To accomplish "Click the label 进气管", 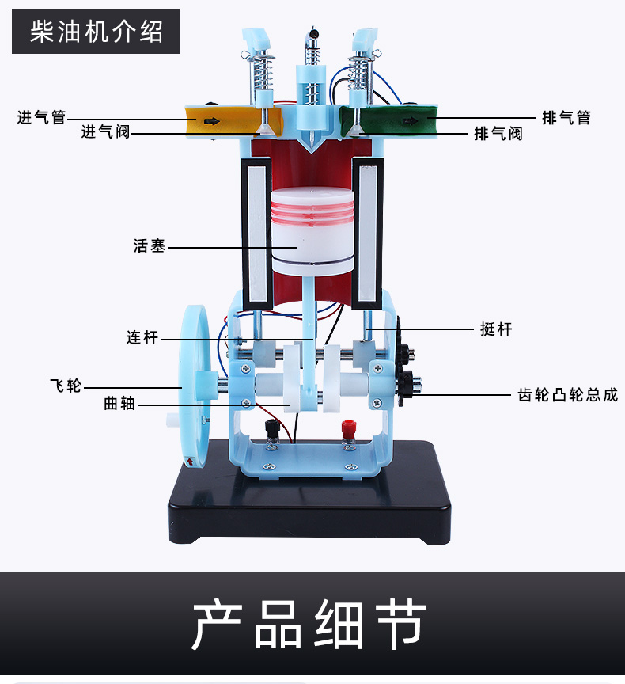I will pyautogui.click(x=42, y=118).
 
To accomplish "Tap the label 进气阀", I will pyautogui.click(x=105, y=132).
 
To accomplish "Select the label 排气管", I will pyautogui.click(x=566, y=118).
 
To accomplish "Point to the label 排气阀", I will pyautogui.click(x=498, y=133).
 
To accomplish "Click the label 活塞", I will pyautogui.click(x=150, y=246).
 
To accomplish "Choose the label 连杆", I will pyautogui.click(x=142, y=338).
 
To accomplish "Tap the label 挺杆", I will pyautogui.click(x=496, y=329).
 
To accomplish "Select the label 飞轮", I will pyautogui.click(x=66, y=386).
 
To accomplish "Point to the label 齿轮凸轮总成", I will pyautogui.click(x=568, y=394).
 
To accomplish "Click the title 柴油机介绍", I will pyautogui.click(x=97, y=32).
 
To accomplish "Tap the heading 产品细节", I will pyautogui.click(x=310, y=625).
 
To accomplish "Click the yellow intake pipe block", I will pyautogui.click(x=222, y=120).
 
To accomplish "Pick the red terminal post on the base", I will pyautogui.click(x=347, y=431).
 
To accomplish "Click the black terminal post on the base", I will pyautogui.click(x=271, y=431).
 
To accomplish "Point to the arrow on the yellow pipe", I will pyautogui.click(x=211, y=121).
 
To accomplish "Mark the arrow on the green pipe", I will pyautogui.click(x=412, y=120).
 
